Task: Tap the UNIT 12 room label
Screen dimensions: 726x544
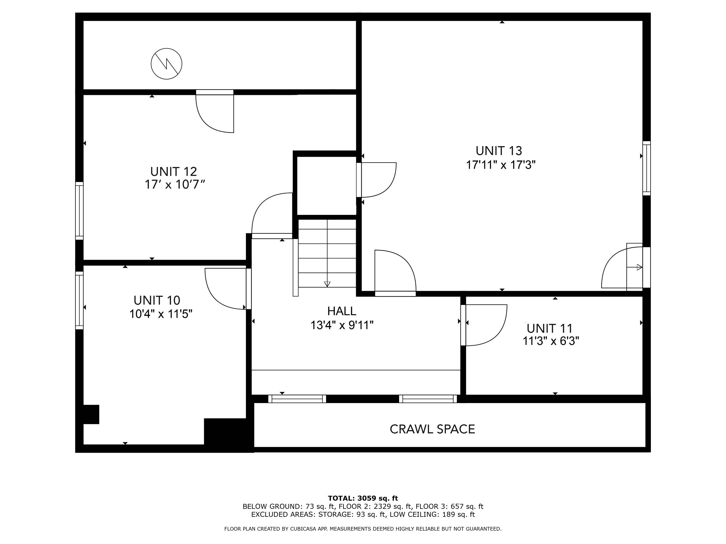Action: point(173,172)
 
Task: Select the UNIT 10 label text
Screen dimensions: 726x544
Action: point(157,300)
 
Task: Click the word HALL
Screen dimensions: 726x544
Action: point(342,311)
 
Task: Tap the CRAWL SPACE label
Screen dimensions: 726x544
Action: point(432,429)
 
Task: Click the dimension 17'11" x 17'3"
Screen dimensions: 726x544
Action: point(501,165)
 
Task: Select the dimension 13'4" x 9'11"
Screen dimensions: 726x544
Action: point(342,325)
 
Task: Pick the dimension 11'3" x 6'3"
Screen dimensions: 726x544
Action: point(550,341)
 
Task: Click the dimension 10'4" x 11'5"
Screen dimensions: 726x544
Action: point(161,314)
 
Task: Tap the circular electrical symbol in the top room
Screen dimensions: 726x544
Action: point(166,64)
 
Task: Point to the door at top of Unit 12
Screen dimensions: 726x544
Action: point(215,111)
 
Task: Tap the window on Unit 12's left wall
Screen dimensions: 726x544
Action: point(79,211)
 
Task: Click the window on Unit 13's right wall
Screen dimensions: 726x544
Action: point(646,168)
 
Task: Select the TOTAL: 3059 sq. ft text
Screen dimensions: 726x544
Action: point(363,498)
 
